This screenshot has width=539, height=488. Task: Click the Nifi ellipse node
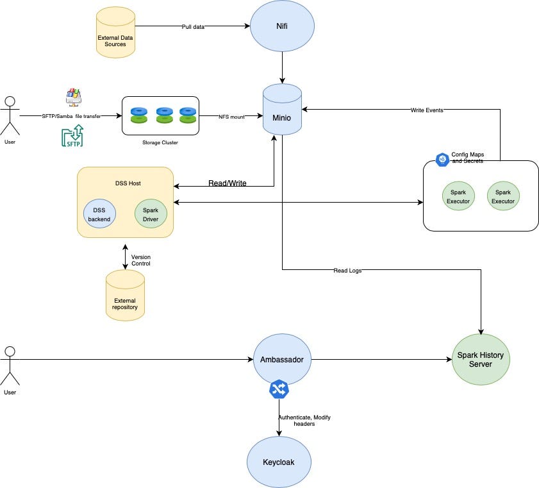[x=282, y=26]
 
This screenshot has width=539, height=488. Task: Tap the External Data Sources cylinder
[x=116, y=31]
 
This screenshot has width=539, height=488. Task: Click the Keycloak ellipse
[x=279, y=462]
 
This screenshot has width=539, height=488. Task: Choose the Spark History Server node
[x=480, y=360]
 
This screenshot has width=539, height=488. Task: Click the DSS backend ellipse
[x=99, y=214]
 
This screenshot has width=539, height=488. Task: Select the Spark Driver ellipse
[x=151, y=214]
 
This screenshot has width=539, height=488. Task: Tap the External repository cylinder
[x=125, y=295]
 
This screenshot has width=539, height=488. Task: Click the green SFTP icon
[x=72, y=136]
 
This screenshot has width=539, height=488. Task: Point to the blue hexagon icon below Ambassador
[x=279, y=389]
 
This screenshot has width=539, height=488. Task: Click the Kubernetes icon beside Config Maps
[x=442, y=160]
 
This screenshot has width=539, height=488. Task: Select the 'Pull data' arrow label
[x=193, y=26]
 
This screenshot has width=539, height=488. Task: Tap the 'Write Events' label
[x=426, y=110]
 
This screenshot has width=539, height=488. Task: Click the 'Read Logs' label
[x=347, y=271]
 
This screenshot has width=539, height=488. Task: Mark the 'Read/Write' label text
[x=227, y=183]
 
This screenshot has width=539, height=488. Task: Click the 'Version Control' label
[x=141, y=260]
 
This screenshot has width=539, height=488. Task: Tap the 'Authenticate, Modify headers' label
[x=304, y=421]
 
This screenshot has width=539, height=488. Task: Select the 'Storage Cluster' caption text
[x=160, y=142]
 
